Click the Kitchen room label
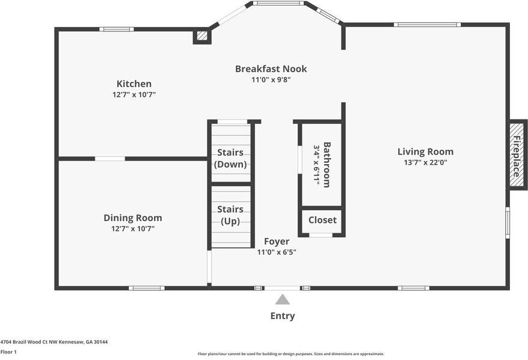(134, 84)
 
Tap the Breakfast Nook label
(271, 69)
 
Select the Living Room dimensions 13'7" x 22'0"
(425, 162)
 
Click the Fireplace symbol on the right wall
(516, 155)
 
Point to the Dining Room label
(132, 218)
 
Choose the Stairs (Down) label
(230, 158)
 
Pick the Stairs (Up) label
(230, 215)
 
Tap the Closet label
(322, 220)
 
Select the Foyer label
(277, 242)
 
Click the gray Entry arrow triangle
(282, 299)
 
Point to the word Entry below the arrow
(282, 316)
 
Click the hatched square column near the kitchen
(202, 36)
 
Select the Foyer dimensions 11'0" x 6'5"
(277, 252)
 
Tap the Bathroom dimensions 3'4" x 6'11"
(316, 165)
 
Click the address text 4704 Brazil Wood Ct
(54, 341)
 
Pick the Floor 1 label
(8, 352)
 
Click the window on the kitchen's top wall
(116, 29)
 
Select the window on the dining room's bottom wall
(146, 288)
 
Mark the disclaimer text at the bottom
(290, 354)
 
